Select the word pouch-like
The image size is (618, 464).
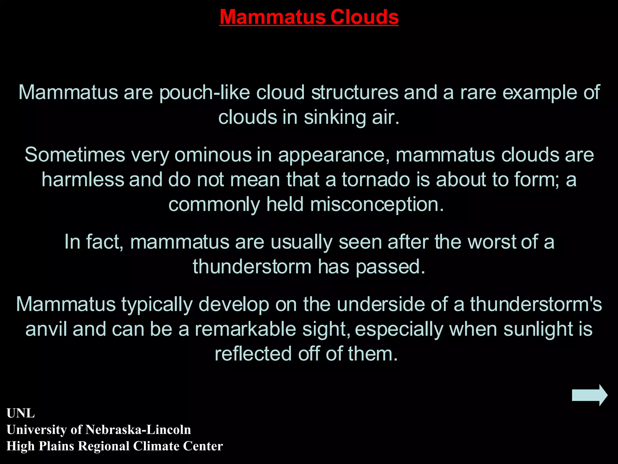(x=205, y=92)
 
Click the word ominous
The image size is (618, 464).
(x=213, y=155)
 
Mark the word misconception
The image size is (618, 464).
(x=377, y=205)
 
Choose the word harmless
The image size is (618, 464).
(x=83, y=180)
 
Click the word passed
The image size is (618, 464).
(x=390, y=267)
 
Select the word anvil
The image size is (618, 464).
(x=46, y=329)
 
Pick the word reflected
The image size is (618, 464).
(x=253, y=354)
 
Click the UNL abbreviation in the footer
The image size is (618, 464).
(x=21, y=413)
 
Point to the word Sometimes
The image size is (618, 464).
(x=75, y=155)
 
